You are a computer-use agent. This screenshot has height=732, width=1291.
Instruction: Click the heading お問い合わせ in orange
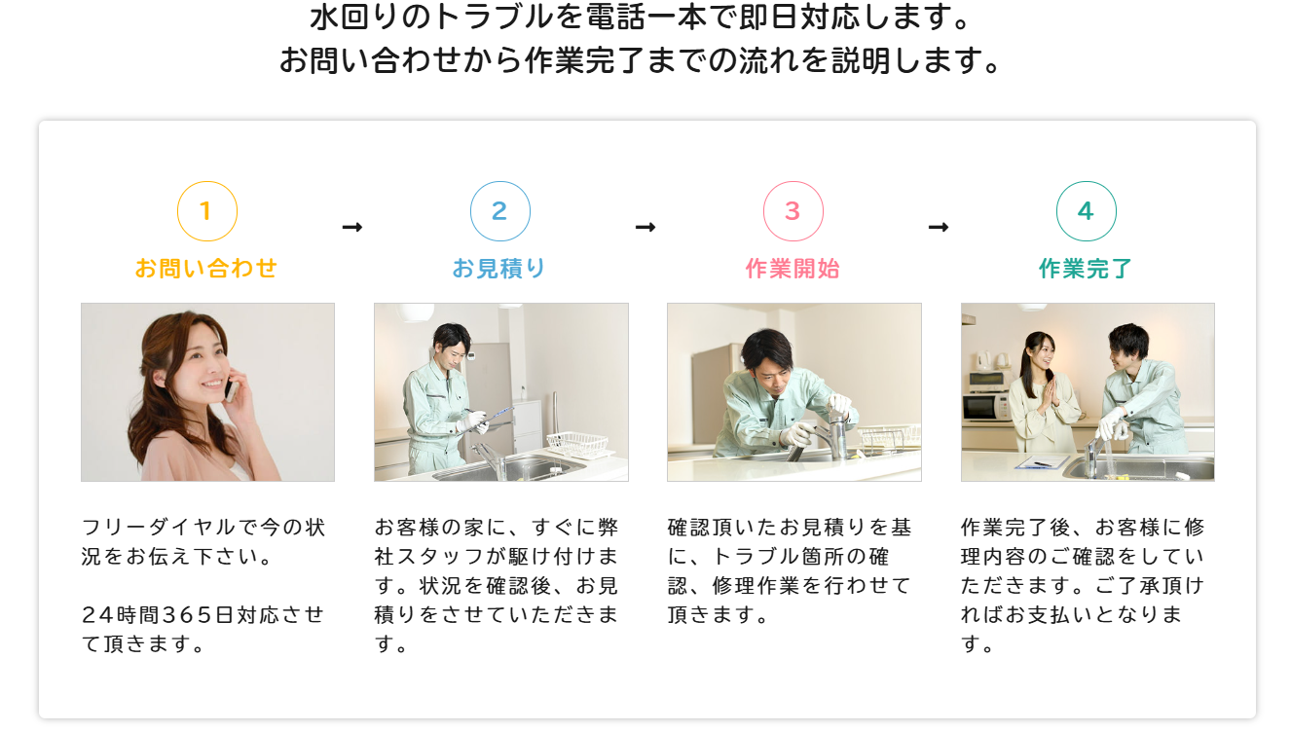(206, 269)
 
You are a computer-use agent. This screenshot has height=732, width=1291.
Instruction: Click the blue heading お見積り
(499, 269)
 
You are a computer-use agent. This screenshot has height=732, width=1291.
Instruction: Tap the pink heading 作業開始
(793, 269)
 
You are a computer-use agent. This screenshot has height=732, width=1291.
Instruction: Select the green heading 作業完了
(1086, 269)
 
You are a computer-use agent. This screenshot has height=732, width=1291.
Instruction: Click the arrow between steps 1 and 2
(352, 227)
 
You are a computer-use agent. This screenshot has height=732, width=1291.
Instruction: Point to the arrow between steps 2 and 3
(645, 227)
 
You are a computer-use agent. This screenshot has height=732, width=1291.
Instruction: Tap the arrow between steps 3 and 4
(939, 227)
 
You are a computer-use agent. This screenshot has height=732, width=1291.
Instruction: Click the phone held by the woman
(231, 389)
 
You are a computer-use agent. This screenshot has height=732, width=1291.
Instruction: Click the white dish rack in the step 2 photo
(577, 445)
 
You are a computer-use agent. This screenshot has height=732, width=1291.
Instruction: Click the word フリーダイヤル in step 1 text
(159, 527)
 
